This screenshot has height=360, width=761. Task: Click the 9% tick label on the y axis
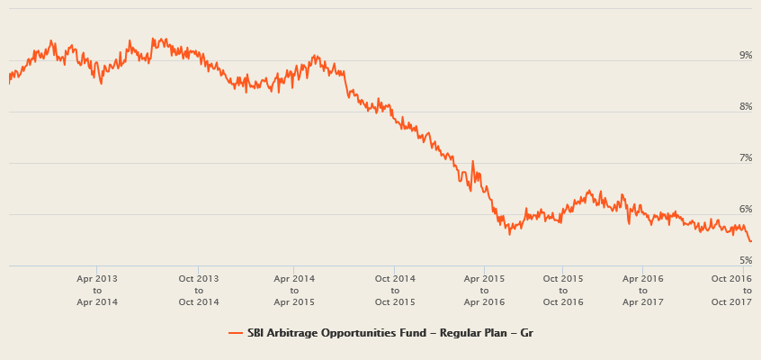coord(746,56)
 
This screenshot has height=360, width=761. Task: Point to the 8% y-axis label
coord(746,107)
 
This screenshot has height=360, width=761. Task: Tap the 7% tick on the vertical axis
coord(746,158)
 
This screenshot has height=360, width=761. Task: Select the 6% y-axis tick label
coord(746,210)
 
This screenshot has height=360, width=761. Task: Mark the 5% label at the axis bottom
coord(746,261)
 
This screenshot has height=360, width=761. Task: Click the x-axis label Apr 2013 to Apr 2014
coord(97,290)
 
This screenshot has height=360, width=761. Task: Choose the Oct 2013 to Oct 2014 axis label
coord(199,290)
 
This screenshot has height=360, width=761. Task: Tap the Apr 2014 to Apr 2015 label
coord(293,290)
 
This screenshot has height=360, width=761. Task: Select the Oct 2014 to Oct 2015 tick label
coord(395,290)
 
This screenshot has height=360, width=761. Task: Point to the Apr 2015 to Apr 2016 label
coord(485,290)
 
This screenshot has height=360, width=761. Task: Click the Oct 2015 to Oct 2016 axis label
coord(563,290)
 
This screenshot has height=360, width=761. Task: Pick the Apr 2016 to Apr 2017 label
coord(642,290)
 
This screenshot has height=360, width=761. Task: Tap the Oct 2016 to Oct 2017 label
coord(731,290)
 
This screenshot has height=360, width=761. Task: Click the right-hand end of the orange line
coord(751,240)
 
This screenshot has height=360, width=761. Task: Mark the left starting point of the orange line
coord(8,82)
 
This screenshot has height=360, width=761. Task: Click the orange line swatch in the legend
coord(236,333)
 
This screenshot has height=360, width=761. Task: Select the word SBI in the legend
coord(256,333)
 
